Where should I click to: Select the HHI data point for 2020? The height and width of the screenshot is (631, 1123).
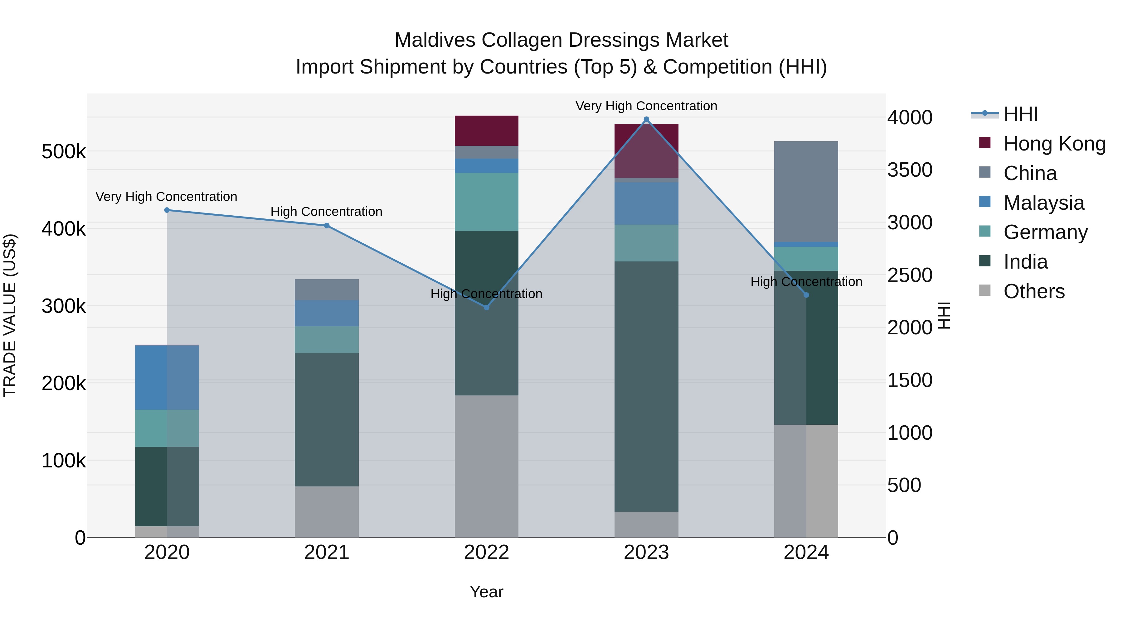pos(167,210)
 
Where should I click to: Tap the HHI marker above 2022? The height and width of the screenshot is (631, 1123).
pos(487,308)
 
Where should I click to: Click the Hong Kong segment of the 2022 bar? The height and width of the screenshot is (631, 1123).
pos(487,131)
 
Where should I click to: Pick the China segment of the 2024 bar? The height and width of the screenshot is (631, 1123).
pos(806,192)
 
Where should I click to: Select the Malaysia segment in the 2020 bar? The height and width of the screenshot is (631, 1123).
pos(167,377)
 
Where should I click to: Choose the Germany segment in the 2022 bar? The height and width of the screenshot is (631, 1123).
pos(487,202)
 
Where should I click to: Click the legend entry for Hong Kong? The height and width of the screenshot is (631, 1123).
pos(1054,144)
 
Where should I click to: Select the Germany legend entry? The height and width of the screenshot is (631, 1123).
pos(1045,232)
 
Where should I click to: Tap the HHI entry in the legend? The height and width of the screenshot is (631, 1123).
pos(1020,114)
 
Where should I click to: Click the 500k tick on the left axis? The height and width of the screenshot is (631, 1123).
pos(64,152)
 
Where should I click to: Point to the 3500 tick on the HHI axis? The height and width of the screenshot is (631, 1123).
pos(910,170)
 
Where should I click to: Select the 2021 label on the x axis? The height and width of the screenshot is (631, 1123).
pos(327,552)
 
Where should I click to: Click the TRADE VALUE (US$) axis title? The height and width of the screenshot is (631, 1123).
pos(10,315)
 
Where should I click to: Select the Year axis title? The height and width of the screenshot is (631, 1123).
pos(487,592)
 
